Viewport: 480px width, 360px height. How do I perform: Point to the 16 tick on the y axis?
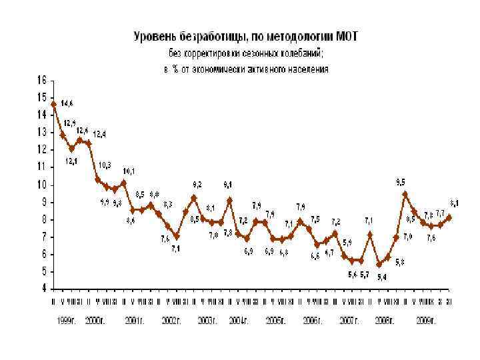(41, 79)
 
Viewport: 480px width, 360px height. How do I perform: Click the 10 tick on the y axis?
(41, 185)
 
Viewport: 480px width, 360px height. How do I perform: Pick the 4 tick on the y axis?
(43, 289)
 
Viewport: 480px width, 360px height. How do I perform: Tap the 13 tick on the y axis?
(41, 132)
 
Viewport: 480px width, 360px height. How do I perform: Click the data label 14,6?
(67, 103)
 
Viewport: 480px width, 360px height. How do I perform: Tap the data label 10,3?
(105, 165)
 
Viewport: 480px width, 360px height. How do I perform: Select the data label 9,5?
(401, 181)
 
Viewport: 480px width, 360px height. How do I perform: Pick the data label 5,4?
(381, 277)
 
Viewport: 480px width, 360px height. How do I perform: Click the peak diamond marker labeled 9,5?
(405, 194)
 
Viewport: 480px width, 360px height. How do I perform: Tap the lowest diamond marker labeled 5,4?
(379, 265)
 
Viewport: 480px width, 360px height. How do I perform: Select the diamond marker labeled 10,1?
(123, 183)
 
